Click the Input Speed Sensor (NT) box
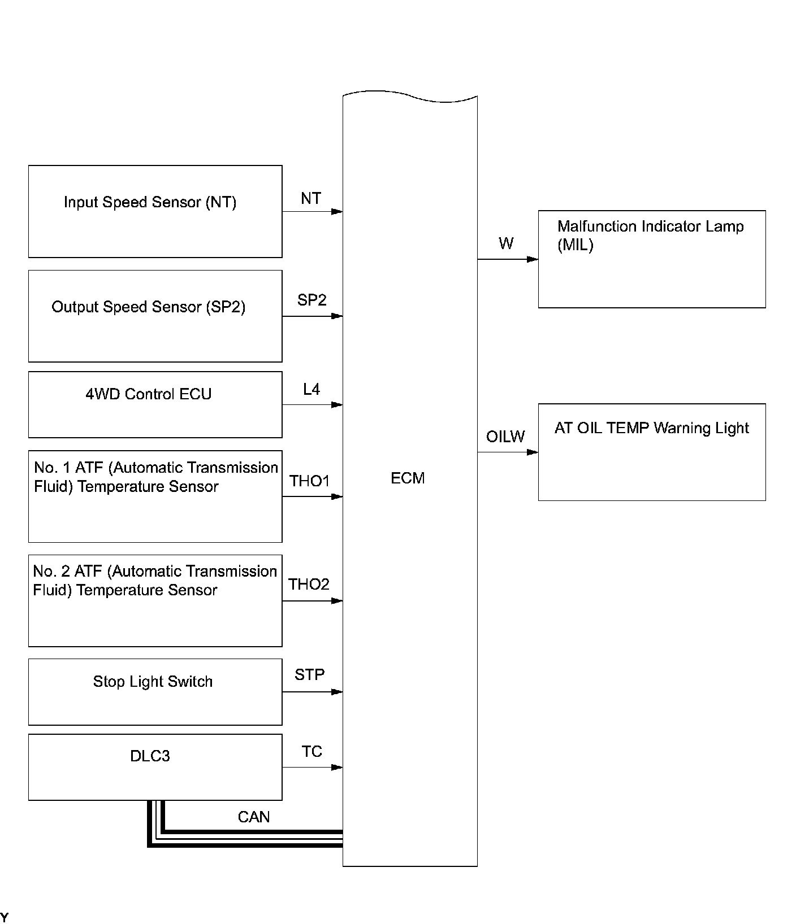(155, 211)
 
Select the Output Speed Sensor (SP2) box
(155, 316)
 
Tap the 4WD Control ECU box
(155, 404)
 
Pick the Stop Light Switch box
(155, 691)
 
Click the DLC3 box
(155, 767)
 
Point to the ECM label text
(408, 478)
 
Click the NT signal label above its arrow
(311, 198)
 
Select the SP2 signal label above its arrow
(312, 300)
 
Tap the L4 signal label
(312, 389)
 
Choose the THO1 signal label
(309, 481)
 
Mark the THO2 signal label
(309, 584)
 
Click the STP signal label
(309, 674)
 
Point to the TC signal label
(312, 751)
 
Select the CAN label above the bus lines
(254, 817)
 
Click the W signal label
(506, 243)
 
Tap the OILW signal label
(505, 437)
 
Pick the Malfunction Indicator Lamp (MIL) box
(651, 259)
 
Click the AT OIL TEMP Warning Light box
(651, 452)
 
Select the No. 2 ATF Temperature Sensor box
(155, 600)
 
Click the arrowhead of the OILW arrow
(533, 452)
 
